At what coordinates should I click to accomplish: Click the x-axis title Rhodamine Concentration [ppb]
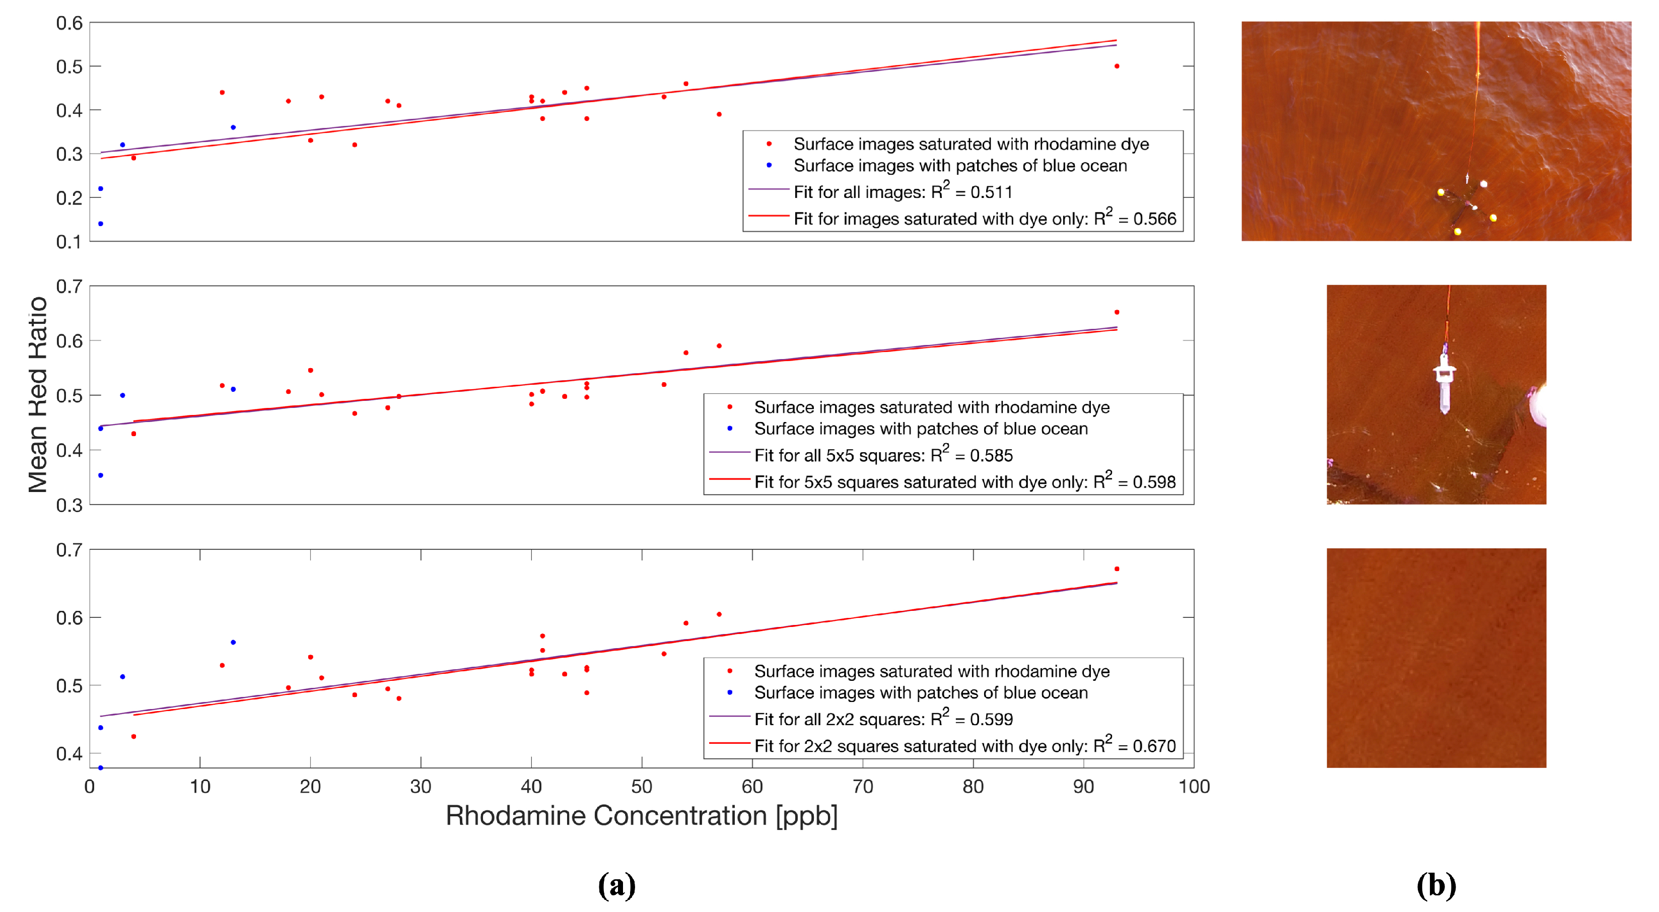[x=642, y=816]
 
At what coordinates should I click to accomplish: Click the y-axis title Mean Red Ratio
[x=37, y=394]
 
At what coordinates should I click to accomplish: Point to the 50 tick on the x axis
[x=642, y=787]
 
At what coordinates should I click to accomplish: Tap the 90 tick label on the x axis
[x=1083, y=787]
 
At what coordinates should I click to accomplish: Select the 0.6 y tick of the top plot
[x=69, y=23]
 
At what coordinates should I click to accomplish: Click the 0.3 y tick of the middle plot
[x=69, y=505]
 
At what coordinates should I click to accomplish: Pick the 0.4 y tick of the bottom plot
[x=69, y=753]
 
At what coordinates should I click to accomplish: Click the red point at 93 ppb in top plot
[x=1117, y=66]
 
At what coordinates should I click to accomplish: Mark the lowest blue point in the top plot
[x=100, y=224]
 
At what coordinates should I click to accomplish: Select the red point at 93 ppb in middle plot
[x=1117, y=312]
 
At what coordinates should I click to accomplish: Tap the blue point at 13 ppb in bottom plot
[x=233, y=642]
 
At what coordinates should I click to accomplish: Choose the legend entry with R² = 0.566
[x=984, y=219]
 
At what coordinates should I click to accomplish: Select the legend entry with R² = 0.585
[x=883, y=455]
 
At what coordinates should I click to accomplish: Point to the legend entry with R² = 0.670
[x=964, y=746]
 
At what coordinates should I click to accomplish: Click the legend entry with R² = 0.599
[x=883, y=719]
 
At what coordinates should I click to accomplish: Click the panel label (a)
[x=616, y=886]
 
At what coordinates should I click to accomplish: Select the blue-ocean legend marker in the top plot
[x=769, y=166]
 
